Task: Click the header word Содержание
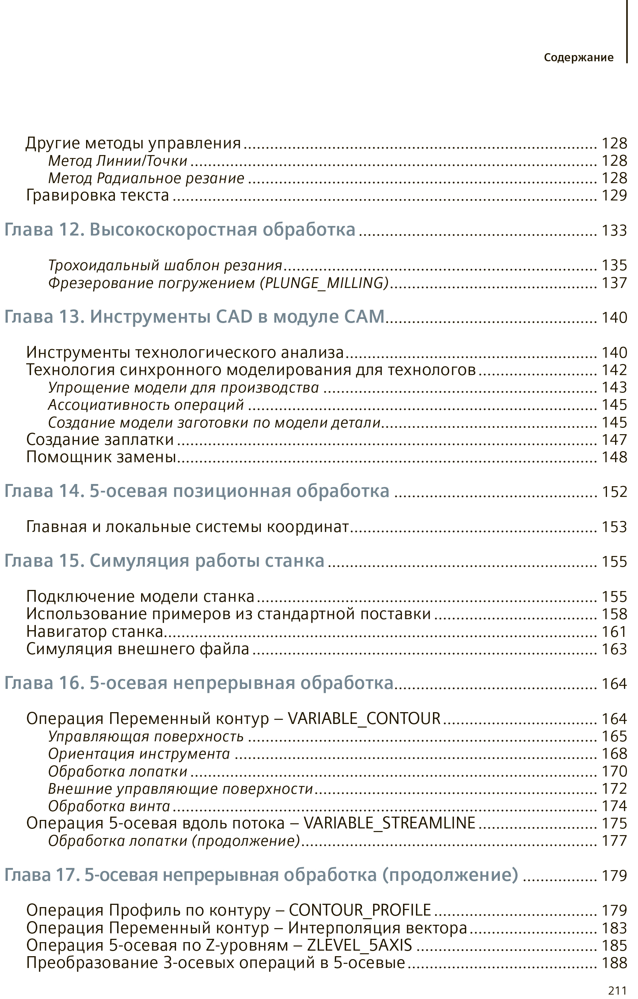[x=578, y=57]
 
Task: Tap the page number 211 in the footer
[x=617, y=990]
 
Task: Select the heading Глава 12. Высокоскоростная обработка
[x=180, y=229]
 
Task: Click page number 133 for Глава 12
[x=614, y=230]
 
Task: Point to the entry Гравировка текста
[x=98, y=195]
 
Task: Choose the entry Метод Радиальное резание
[x=146, y=178]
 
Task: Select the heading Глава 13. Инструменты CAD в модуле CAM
[x=194, y=316]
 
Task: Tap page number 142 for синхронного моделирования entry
[x=614, y=370]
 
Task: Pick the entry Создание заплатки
[x=100, y=439]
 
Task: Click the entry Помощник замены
[x=101, y=457]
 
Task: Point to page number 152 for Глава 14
[x=614, y=492]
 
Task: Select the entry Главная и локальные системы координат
[x=187, y=526]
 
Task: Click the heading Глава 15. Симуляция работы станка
[x=164, y=561]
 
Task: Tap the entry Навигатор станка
[x=95, y=631]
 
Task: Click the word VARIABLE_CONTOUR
[x=364, y=718]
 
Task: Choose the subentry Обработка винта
[x=109, y=806]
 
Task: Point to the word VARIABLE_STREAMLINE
[x=389, y=823]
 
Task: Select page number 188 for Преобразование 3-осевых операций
[x=614, y=962]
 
